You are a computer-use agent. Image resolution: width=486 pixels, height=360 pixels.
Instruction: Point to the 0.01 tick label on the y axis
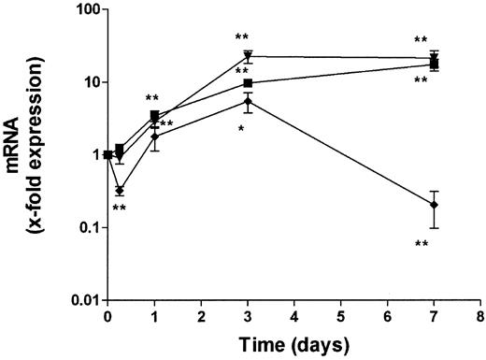tap(79, 300)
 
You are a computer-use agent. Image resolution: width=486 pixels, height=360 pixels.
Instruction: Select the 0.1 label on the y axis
tap(82, 227)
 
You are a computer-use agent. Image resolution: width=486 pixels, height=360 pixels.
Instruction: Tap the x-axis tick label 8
tap(480, 317)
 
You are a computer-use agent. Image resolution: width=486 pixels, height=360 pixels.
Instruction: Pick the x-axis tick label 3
tap(248, 317)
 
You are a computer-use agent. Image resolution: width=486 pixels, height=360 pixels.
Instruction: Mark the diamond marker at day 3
tap(248, 101)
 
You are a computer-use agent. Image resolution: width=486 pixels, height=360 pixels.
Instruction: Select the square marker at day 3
tap(248, 83)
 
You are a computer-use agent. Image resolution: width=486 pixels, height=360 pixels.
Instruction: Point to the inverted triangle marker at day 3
tap(248, 56)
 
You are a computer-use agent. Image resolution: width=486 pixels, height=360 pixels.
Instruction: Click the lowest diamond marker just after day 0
tap(120, 190)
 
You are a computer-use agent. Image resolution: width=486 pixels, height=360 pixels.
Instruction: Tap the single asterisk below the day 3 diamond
tap(241, 127)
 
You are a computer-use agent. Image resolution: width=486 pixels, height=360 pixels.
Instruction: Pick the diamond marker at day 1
tap(154, 137)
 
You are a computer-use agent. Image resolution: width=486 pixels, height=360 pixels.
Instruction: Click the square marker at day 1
tap(154, 116)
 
